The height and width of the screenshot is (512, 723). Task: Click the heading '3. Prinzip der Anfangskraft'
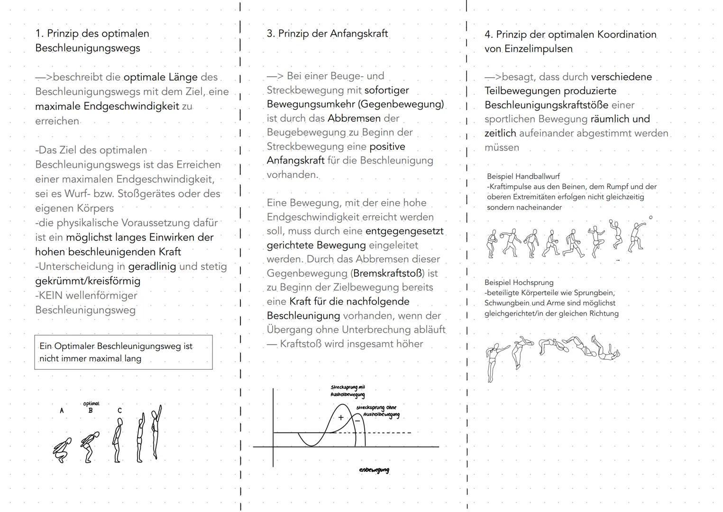click(x=327, y=34)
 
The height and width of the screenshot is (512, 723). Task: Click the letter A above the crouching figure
click(x=62, y=411)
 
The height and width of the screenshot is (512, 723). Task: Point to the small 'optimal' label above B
click(x=91, y=403)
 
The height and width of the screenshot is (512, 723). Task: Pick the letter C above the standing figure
click(x=119, y=411)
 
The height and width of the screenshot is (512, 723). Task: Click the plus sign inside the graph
click(x=340, y=418)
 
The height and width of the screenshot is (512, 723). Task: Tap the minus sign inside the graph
click(x=357, y=420)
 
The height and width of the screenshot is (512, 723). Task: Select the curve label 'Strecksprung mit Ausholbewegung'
click(x=348, y=391)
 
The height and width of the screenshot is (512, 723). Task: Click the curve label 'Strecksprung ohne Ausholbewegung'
click(x=377, y=411)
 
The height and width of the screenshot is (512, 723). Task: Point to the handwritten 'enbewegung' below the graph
click(x=374, y=470)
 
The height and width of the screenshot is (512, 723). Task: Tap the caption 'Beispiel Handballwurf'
click(x=523, y=176)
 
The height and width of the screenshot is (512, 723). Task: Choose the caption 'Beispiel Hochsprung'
click(x=519, y=283)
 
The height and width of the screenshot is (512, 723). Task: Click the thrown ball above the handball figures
click(x=650, y=218)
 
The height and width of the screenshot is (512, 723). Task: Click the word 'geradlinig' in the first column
click(x=152, y=266)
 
